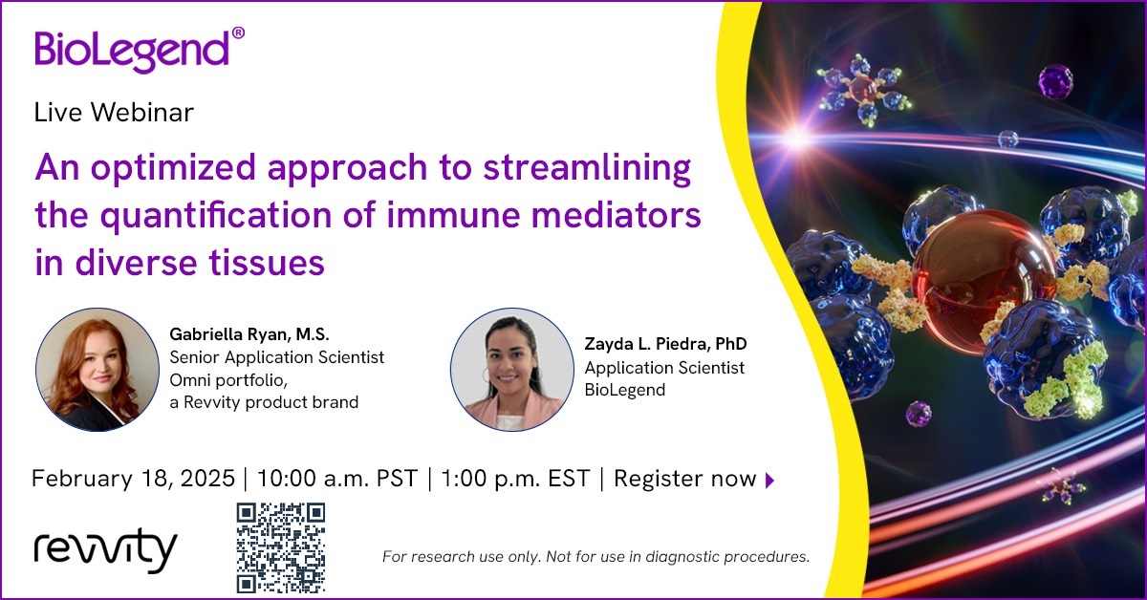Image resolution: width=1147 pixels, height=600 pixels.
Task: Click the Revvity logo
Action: tap(105, 552)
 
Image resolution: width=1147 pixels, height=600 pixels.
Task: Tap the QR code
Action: tap(281, 547)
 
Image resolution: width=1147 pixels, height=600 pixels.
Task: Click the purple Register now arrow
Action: tap(770, 481)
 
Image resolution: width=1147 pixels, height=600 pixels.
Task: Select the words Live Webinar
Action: tap(114, 113)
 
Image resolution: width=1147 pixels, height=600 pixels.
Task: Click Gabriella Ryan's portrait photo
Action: tap(96, 368)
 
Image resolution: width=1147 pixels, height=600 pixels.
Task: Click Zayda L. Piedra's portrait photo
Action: tap(510, 368)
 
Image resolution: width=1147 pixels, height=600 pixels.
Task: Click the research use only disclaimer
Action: tap(595, 555)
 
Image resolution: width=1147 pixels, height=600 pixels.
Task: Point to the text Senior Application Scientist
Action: tap(276, 357)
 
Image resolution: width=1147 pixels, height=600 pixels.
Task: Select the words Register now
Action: tap(684, 479)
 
